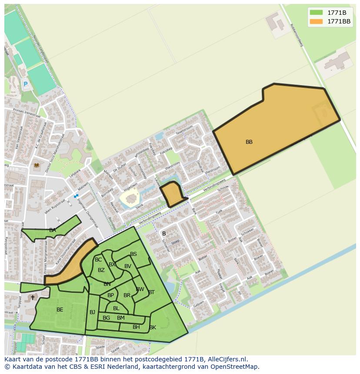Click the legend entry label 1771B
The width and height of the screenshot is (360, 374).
(337, 13)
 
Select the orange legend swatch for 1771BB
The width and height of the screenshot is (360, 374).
(316, 21)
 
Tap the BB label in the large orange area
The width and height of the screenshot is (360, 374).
(249, 142)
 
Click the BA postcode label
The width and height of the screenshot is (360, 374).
(53, 230)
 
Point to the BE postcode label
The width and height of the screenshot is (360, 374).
(60, 310)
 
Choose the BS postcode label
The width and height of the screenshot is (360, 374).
(133, 254)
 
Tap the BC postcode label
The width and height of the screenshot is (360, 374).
(98, 260)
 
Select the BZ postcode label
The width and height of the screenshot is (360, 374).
(101, 270)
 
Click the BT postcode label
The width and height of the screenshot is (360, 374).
(151, 292)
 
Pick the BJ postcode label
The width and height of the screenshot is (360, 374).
(92, 312)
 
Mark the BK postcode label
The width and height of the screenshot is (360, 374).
(153, 327)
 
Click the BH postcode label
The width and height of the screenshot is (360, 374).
(136, 327)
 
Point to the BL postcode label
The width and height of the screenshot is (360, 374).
(116, 308)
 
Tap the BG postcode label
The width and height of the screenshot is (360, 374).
(106, 318)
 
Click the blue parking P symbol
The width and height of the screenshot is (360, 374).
(25, 84)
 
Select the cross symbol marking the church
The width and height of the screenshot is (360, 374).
(33, 298)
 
